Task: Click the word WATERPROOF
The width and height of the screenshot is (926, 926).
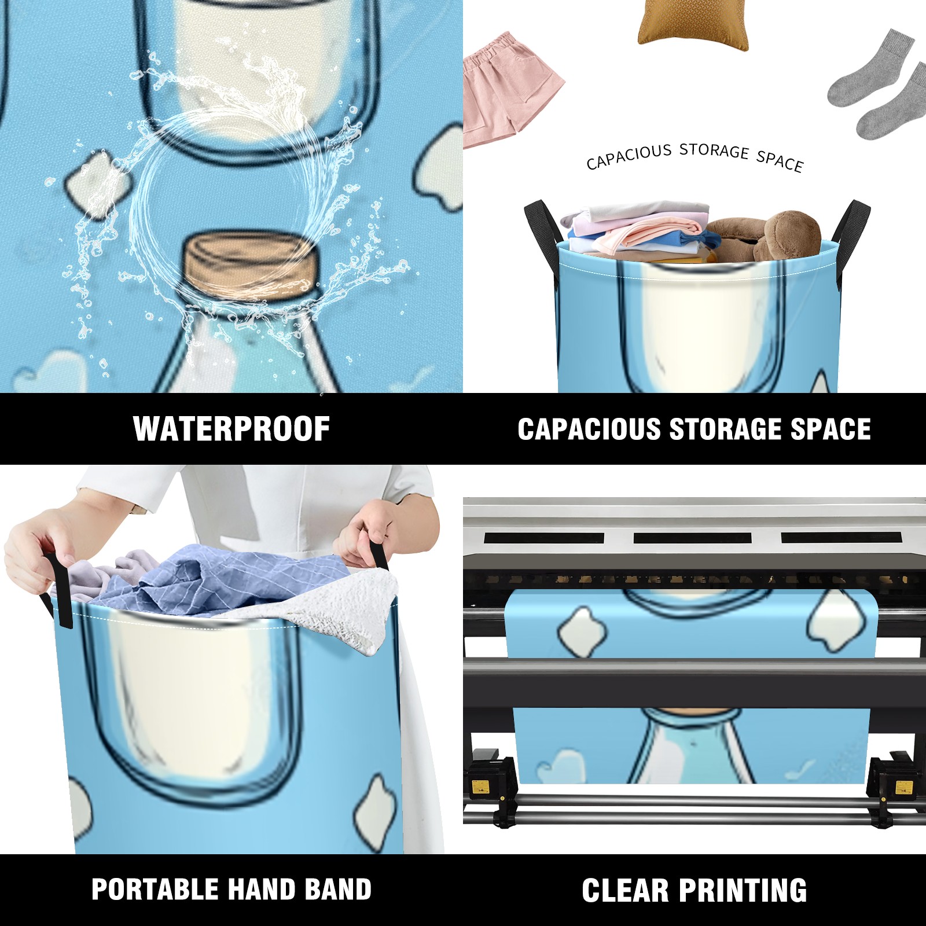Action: click(x=231, y=429)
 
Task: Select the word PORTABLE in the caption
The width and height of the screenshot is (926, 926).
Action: click(x=155, y=889)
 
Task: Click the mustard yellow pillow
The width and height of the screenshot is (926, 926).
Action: click(x=693, y=23)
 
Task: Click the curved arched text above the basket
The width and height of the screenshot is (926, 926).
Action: click(x=694, y=156)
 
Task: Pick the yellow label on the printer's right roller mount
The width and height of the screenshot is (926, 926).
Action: click(x=903, y=787)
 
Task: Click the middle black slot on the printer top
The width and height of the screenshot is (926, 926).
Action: click(x=692, y=538)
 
